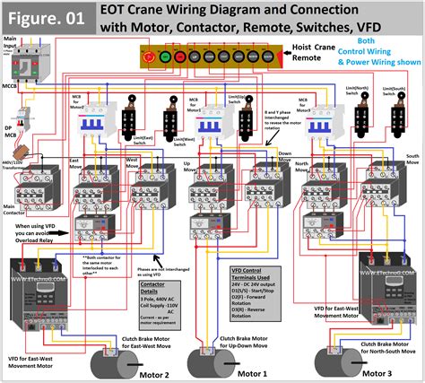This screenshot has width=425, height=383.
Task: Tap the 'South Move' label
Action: click(412, 159)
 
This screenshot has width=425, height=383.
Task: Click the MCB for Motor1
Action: click(212, 119)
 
